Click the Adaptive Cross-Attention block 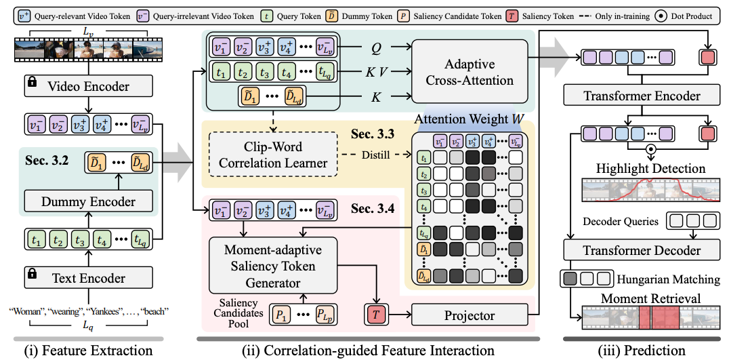pyautogui.click(x=469, y=71)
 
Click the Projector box pyautogui.click(x=469, y=316)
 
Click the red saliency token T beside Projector pyautogui.click(x=377, y=315)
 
